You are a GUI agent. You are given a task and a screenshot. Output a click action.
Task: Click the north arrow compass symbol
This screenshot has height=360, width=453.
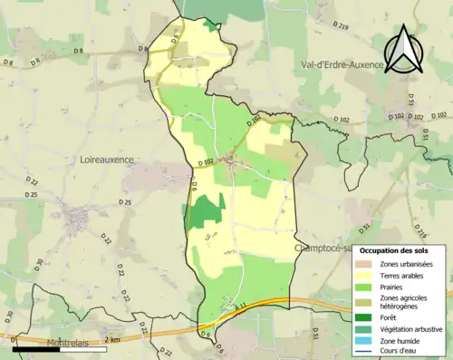401,49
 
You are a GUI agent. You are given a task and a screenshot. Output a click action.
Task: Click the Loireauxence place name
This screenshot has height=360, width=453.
101,160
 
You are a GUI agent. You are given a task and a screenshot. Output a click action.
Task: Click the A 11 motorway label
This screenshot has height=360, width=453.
240,308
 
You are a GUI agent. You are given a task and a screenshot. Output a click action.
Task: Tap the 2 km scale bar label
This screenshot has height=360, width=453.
111,339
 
